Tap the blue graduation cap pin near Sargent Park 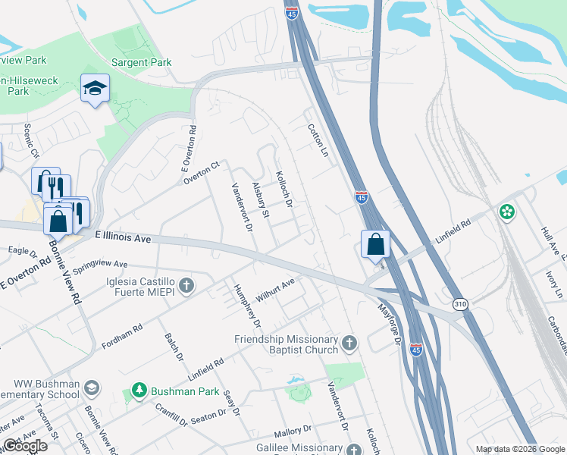point(95,89)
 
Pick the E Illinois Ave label point(124,237)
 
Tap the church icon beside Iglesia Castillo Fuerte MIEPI point(187,286)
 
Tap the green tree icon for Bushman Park point(139,391)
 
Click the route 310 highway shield point(459,303)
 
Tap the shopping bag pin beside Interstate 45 point(375,245)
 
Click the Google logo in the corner point(25,446)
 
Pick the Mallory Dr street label point(293,429)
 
